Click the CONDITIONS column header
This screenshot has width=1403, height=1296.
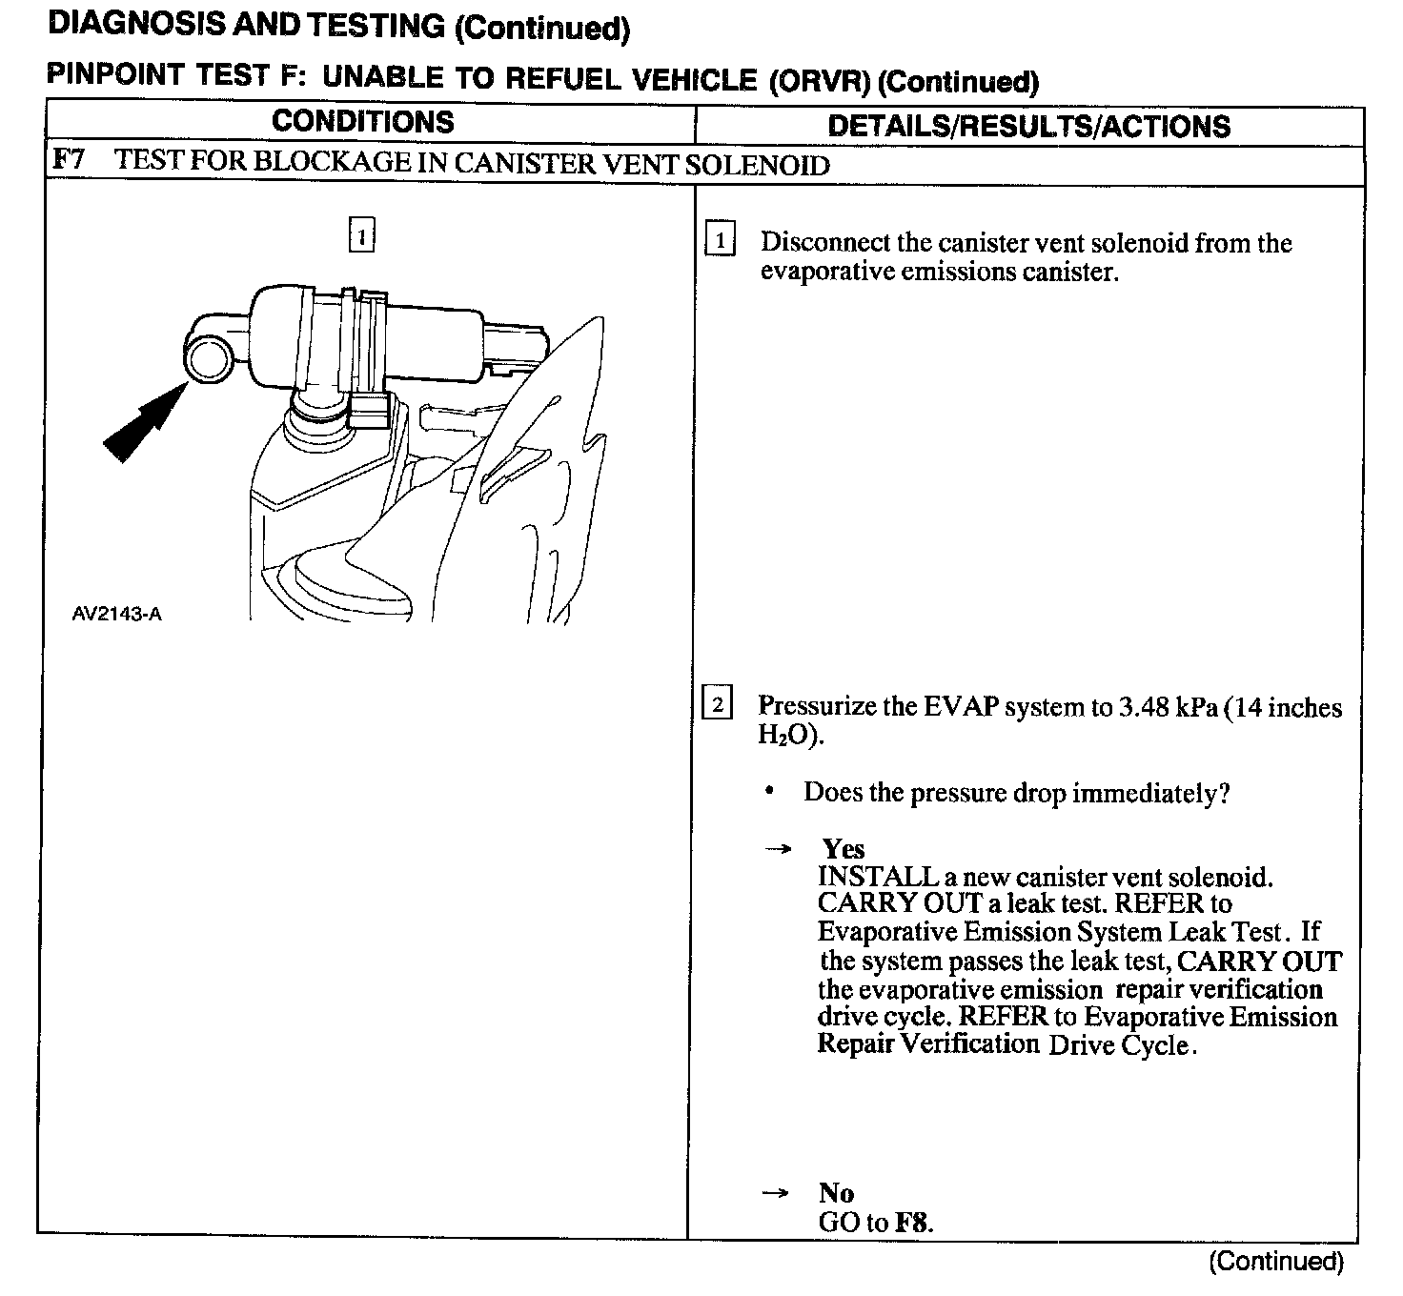(362, 122)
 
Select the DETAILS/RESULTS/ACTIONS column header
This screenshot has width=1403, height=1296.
(1028, 127)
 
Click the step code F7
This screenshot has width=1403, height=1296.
(69, 159)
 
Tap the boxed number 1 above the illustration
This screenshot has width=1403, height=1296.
(361, 234)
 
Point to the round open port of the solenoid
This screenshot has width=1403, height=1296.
(207, 361)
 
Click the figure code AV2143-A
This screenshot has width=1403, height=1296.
(116, 614)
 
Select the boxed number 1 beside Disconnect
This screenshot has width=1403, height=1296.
(720, 241)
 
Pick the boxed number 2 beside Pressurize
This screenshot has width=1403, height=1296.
(717, 704)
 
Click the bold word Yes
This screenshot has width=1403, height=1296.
(843, 848)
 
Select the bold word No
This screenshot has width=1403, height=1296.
(836, 1192)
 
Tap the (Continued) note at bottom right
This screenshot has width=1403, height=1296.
(1276, 1262)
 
